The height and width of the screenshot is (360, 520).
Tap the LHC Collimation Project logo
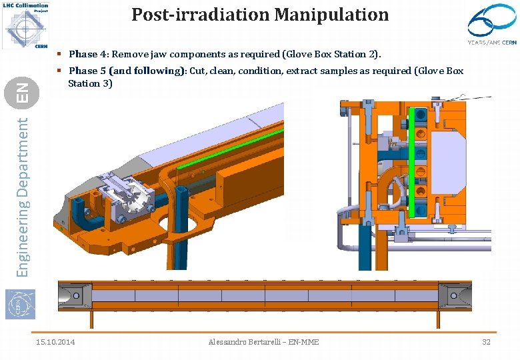[x=25, y=25]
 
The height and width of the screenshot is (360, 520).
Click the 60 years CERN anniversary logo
[x=492, y=25]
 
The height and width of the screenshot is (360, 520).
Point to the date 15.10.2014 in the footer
[x=55, y=342]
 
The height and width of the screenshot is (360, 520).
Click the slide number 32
[x=487, y=342]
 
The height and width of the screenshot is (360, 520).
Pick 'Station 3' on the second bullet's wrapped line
[x=90, y=83]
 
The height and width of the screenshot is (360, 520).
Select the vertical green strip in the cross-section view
[x=413, y=163]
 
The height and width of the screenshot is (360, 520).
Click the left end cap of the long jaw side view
[x=74, y=294]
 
